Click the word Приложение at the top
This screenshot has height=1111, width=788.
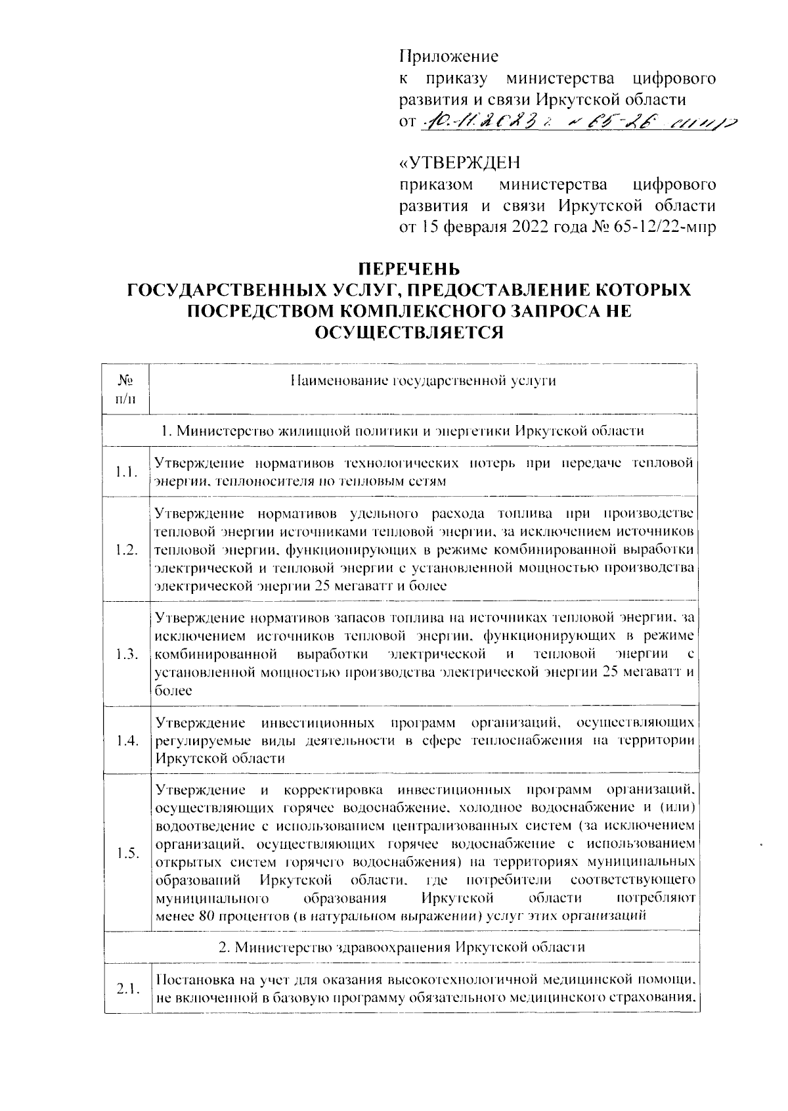(x=449, y=57)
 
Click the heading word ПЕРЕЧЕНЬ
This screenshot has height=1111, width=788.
(x=408, y=269)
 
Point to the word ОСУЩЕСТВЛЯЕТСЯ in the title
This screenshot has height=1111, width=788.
(x=408, y=332)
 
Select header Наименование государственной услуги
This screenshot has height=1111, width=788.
(x=423, y=380)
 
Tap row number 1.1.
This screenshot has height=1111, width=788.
(x=125, y=472)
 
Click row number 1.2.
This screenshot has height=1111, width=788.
(x=125, y=550)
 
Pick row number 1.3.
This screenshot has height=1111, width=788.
(x=125, y=654)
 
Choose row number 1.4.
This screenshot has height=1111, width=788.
(x=125, y=741)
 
